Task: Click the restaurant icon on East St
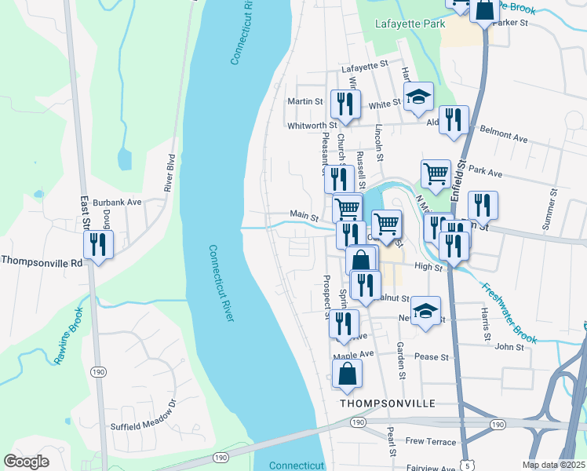[98, 245]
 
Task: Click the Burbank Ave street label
[117, 202]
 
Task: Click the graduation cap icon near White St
[419, 97]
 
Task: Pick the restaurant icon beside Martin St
[346, 104]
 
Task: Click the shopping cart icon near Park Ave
[436, 174]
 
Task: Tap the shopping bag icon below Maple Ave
[348, 376]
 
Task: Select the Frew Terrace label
[431, 442]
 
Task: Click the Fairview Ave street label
[431, 469]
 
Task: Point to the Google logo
[26, 462]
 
